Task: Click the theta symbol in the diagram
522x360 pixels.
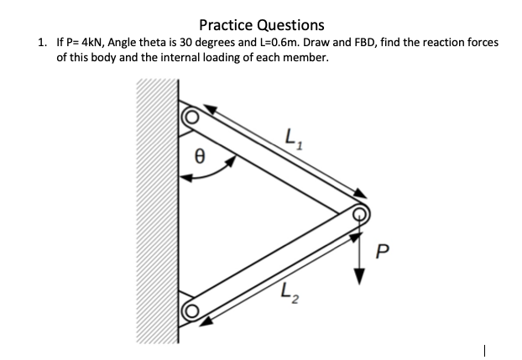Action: (x=200, y=154)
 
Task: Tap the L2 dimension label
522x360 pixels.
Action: (x=289, y=295)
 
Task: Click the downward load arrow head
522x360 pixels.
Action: (x=362, y=276)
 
